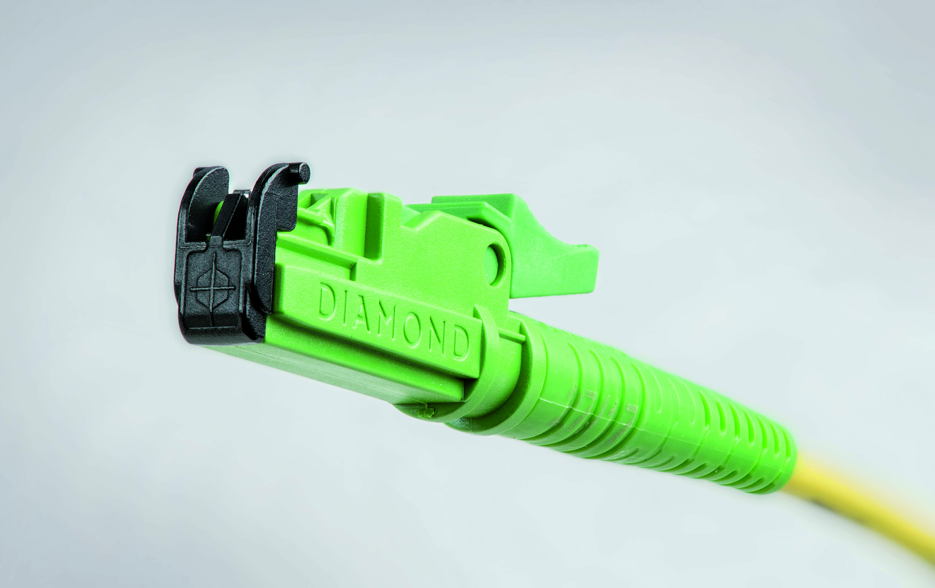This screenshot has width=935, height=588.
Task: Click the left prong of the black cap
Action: coord(202,202)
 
